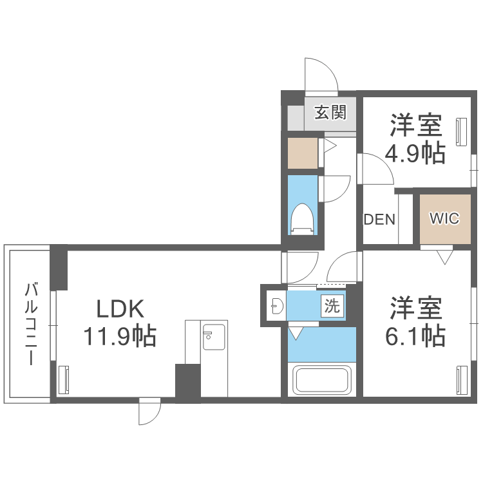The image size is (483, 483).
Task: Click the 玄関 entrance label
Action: pyautogui.click(x=330, y=112)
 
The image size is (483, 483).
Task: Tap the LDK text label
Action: pyautogui.click(x=120, y=308)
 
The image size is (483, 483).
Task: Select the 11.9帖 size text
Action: pyautogui.click(x=120, y=336)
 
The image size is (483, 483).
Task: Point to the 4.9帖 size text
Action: pyautogui.click(x=415, y=153)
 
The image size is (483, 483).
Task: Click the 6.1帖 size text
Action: pyautogui.click(x=415, y=336)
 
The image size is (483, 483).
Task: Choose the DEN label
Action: pyautogui.click(x=379, y=220)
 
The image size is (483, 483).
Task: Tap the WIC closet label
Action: pyautogui.click(x=444, y=218)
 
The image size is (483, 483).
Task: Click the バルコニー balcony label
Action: pyautogui.click(x=31, y=324)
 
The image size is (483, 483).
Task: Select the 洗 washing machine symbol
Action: pyautogui.click(x=332, y=306)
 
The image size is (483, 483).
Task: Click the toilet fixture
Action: pyautogui.click(x=303, y=220)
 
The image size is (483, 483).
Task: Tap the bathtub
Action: pyautogui.click(x=322, y=379)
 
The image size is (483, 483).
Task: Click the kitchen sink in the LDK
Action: pyautogui.click(x=214, y=337)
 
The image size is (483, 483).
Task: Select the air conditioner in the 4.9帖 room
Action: pyautogui.click(x=461, y=131)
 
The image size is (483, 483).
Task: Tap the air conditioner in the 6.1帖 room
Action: pyautogui.click(x=462, y=379)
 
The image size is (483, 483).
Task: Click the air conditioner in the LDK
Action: pyautogui.click(x=64, y=379)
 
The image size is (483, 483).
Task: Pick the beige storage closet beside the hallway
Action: pyautogui.click(x=303, y=153)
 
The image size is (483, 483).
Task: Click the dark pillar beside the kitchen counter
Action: pyautogui.click(x=188, y=381)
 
